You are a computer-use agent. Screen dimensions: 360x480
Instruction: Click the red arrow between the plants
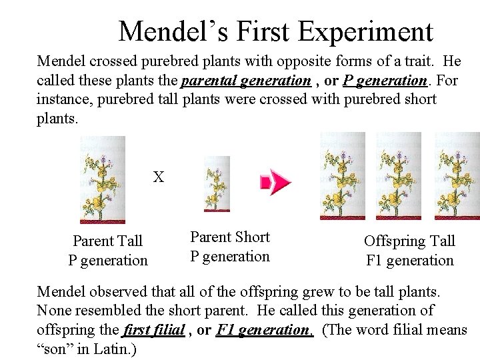[x=275, y=182]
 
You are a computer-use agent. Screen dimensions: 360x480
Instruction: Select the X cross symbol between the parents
[x=159, y=177]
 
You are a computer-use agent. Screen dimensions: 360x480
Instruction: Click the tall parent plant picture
[x=102, y=179]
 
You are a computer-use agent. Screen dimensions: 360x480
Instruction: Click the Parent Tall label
[x=108, y=241]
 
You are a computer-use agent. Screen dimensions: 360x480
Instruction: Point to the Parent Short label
[x=230, y=237]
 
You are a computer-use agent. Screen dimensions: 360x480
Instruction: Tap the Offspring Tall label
[x=409, y=241]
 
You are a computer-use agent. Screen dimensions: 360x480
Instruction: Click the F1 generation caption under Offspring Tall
[x=409, y=260]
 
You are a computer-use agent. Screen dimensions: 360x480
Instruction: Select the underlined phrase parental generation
[x=245, y=81]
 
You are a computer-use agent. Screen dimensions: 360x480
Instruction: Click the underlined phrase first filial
[x=153, y=329]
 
